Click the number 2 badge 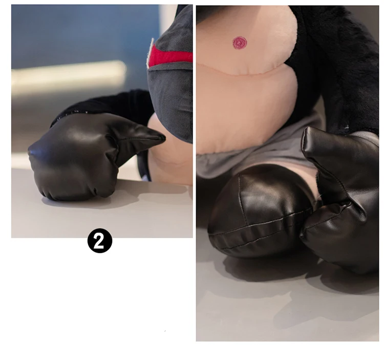(x=100, y=241)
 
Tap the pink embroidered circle (x=240, y=43)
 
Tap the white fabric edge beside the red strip (x=150, y=53)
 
